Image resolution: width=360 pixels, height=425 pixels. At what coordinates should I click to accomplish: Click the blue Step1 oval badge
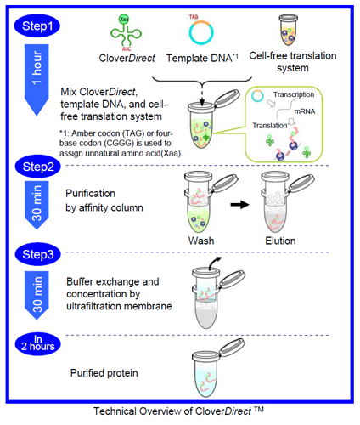pos(37,25)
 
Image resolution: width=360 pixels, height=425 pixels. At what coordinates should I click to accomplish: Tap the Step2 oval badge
pos(37,167)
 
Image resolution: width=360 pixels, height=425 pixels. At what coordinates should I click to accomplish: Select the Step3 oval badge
pos(37,254)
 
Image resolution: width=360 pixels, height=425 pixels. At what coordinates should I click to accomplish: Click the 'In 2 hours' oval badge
pos(38,343)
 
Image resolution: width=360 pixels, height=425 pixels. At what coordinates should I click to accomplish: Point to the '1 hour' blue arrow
pos(37,79)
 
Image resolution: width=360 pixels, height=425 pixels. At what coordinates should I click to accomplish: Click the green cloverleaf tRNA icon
pos(126,33)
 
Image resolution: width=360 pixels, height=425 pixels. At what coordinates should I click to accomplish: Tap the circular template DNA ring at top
pos(201,32)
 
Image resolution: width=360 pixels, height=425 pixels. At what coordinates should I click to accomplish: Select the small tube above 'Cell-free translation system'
pos(289,30)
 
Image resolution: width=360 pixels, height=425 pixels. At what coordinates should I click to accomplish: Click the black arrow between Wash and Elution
pos(239,204)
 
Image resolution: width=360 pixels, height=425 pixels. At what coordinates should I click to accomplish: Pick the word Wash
pos(201,241)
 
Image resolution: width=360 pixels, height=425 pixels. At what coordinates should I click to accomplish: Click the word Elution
pos(280,241)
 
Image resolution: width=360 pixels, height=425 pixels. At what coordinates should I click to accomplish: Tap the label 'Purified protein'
pos(104,373)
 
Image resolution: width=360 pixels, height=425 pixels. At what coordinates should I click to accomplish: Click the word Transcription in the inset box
pos(294,94)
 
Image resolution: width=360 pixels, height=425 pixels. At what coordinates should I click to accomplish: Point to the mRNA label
pos(305,111)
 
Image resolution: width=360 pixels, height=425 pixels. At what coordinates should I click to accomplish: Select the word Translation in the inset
pos(270,126)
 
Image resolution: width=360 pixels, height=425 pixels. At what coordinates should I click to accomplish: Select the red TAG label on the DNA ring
pos(194,17)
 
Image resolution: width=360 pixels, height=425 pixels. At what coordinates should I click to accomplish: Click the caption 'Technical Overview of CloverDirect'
pos(178,411)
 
